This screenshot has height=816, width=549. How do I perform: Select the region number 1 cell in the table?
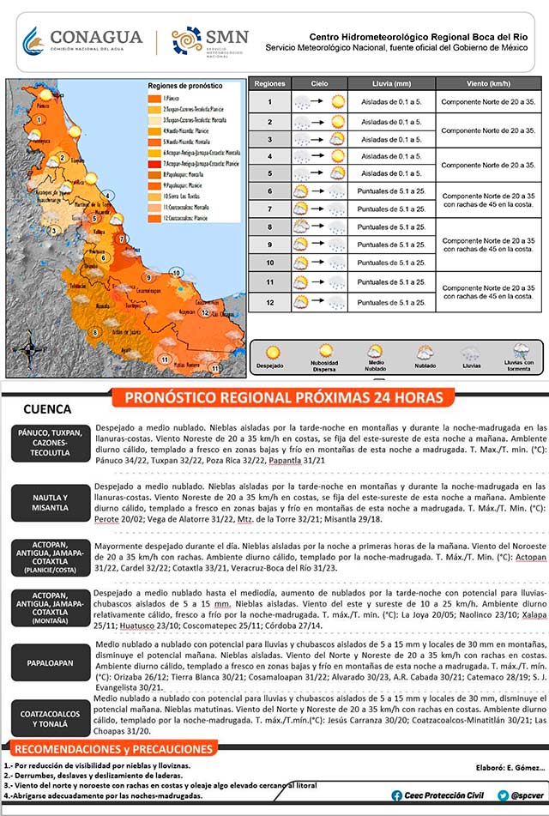click(269, 102)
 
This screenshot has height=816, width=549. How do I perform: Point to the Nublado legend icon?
click(425, 352)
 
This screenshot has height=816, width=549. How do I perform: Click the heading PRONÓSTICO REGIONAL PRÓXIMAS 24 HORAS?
click(283, 398)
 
